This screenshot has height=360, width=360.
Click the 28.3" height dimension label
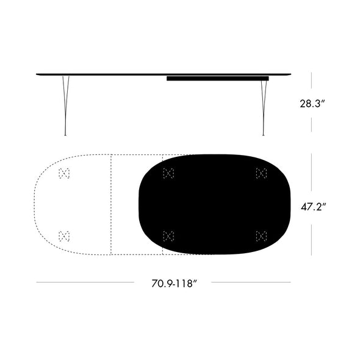point(312,104)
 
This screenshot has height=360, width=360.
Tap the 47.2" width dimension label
point(313,207)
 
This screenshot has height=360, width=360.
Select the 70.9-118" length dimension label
point(175,283)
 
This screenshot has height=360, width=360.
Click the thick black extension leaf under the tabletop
point(217,79)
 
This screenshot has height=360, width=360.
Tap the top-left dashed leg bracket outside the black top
point(64,173)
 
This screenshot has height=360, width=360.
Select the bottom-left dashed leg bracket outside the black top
point(64,236)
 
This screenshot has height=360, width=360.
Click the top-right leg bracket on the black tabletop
point(261,173)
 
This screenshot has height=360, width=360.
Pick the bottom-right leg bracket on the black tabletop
point(261,236)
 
